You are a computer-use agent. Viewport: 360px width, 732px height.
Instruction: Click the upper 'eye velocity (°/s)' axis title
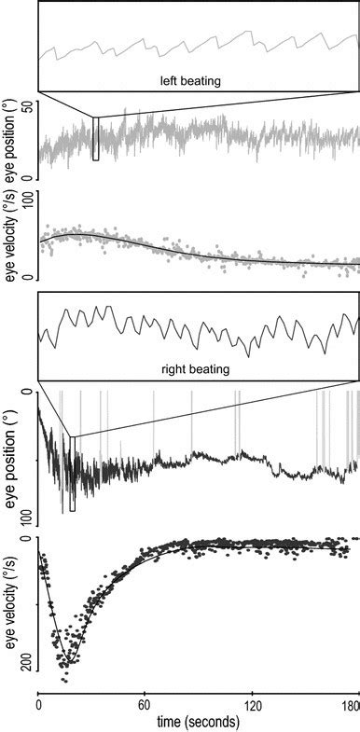coord(11,235)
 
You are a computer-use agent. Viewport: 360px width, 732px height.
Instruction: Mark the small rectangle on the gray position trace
coord(95,139)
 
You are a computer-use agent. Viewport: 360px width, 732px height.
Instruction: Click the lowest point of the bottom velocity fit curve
coord(69,663)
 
